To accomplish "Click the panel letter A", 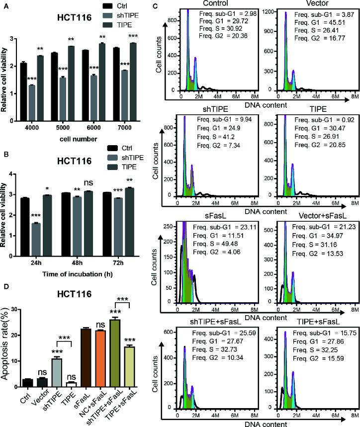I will click(x=4, y=5).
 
